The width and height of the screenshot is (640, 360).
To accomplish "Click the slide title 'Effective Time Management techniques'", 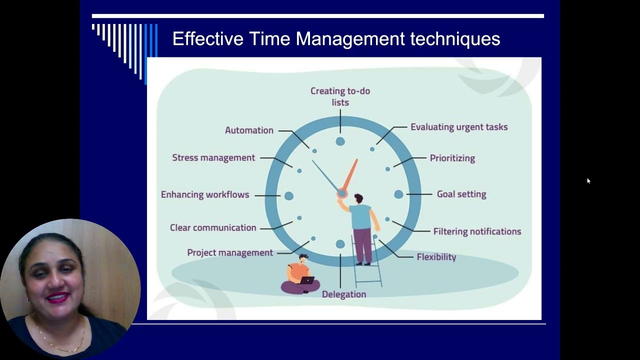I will click(336, 39).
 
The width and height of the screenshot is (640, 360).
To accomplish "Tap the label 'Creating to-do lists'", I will click(340, 96).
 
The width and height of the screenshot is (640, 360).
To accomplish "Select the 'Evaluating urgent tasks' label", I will click(458, 127).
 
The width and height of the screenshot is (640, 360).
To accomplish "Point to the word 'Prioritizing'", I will click(452, 158).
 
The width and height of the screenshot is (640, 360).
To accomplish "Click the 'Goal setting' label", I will click(461, 194).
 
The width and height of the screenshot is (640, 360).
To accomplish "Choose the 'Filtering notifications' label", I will click(477, 231).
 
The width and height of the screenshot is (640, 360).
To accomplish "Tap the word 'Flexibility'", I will click(436, 257).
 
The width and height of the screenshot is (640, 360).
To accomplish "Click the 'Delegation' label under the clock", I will click(343, 294).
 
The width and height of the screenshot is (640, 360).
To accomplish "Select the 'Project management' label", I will click(230, 252).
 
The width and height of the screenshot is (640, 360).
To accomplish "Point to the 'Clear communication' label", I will click(213, 227).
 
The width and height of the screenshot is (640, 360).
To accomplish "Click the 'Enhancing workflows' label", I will click(204, 194).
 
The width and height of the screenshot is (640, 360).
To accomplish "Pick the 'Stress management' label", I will click(213, 157).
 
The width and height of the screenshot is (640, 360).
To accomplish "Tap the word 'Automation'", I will click(249, 130).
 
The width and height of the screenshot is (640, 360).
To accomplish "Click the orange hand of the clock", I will click(350, 174).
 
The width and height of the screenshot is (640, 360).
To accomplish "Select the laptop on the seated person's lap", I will click(306, 280).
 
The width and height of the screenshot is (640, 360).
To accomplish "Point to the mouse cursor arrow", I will click(588, 181).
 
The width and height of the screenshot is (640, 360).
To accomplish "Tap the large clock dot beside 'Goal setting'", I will click(398, 194).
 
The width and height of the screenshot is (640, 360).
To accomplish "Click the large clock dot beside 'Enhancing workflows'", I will click(288, 196).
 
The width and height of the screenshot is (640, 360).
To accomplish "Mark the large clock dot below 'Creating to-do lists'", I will click(340, 141).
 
